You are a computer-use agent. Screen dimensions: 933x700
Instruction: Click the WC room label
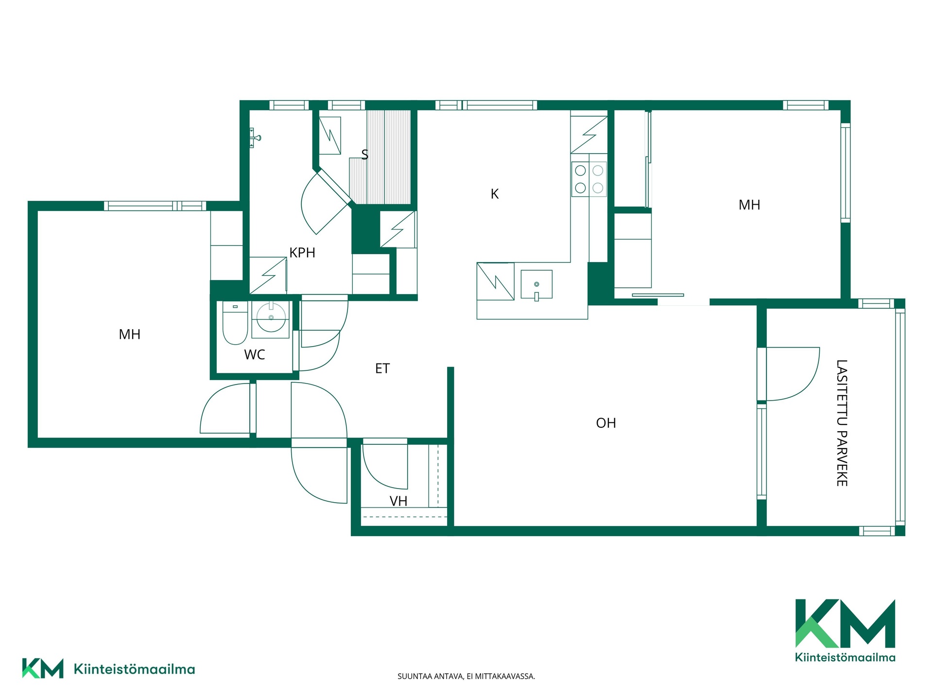(255, 355)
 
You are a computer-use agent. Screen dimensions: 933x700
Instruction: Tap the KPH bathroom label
(302, 253)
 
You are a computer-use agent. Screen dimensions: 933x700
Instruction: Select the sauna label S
(364, 155)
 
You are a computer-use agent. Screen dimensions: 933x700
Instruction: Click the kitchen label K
(495, 194)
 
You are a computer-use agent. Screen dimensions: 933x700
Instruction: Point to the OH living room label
(606, 423)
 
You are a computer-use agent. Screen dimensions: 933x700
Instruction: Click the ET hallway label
(382, 368)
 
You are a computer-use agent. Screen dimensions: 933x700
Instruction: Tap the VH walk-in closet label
(398, 501)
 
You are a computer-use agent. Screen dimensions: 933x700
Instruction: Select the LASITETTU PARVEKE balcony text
(842, 423)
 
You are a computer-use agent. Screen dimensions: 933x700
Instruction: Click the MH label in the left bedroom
(130, 334)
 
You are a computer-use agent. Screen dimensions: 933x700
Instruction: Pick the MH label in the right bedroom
(749, 205)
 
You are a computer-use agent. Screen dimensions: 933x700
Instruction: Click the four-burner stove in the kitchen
(589, 179)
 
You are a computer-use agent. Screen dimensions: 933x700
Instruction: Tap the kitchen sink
(536, 284)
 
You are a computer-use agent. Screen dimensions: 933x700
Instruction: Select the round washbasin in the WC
(271, 317)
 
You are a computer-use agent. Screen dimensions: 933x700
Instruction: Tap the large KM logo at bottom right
(846, 630)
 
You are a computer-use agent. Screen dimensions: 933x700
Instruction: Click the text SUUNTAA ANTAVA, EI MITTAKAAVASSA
(466, 676)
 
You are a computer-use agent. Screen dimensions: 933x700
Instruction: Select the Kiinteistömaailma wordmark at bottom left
(134, 669)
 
